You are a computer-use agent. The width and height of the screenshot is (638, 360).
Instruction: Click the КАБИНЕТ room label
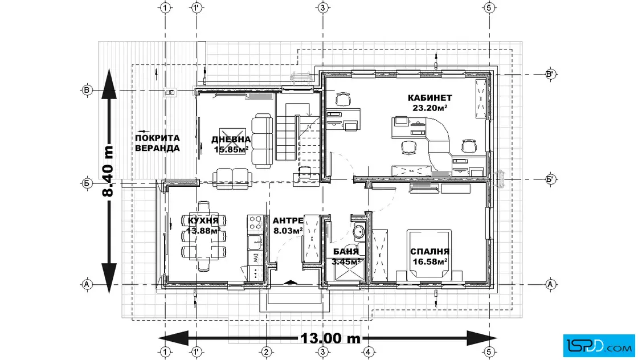430,97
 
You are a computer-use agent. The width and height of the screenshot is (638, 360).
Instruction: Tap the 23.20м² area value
430,108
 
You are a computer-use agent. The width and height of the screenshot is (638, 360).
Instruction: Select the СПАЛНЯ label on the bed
430,252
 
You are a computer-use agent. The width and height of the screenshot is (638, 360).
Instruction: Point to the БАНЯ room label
346,252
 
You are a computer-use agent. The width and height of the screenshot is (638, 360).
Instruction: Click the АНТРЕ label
288,221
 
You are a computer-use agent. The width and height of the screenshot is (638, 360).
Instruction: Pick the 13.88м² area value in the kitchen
203,231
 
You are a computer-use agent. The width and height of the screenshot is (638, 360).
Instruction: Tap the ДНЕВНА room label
231,140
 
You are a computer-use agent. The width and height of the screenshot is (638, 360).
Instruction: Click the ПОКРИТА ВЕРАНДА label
157,143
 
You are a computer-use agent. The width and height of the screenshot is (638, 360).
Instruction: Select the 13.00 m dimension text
330,338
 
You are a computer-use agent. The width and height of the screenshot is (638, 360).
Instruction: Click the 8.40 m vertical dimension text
108,171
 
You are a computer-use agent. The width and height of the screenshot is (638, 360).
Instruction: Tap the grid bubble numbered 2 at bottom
265,352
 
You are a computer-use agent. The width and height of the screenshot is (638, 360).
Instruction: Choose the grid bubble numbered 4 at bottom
368,352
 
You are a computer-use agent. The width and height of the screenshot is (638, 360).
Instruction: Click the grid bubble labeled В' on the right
550,75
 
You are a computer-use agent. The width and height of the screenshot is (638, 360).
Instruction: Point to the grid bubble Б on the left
86,183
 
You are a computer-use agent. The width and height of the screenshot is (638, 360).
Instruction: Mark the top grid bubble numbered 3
322,8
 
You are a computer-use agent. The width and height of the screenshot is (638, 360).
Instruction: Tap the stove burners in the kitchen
255,223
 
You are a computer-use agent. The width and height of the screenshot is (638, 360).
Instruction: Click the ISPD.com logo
599,346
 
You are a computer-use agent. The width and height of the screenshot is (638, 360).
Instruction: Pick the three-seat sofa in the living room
262,141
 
